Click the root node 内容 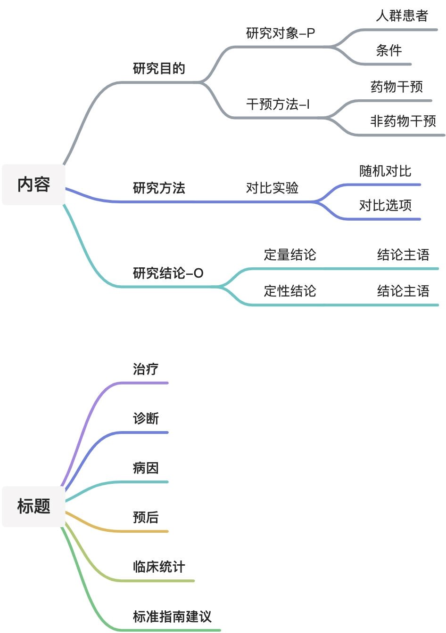pos(33,184)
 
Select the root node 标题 pos(33,506)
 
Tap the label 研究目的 pos(159,69)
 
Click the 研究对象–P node pos(281,33)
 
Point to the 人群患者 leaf pos(402,16)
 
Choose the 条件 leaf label pos(389,50)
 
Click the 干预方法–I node pos(278,104)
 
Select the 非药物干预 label pos(403,121)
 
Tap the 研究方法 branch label pos(159,188)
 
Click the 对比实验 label pos(272,188)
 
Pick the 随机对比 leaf pos(385,171)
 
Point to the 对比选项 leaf pos(385,206)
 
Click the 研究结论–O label pos(168,273)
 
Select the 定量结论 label pos(290,255)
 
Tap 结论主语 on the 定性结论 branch pos(403,291)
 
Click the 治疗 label pos(146,369)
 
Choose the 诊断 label pos(146,419)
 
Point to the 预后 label pos(146,518)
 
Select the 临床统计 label pos(159,567)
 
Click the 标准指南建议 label pos(172,617)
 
